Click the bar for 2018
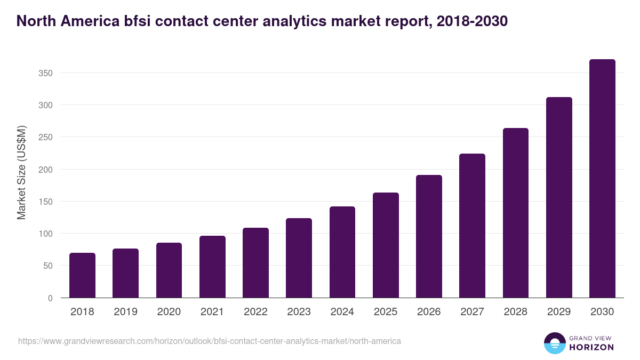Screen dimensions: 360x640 pyautogui.click(x=82, y=275)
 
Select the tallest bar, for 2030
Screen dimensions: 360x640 pyautogui.click(x=602, y=179)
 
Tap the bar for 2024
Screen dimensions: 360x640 pyautogui.click(x=342, y=252)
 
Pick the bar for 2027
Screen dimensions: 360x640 pyautogui.click(x=472, y=226)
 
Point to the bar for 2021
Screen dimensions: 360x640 pyautogui.click(x=212, y=267)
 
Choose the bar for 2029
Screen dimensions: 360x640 pyautogui.click(x=559, y=197)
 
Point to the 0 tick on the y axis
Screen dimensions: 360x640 pyautogui.click(x=50, y=298)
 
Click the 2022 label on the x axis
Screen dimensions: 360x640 pyautogui.click(x=255, y=312)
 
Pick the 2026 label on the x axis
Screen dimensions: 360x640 pyautogui.click(x=429, y=312)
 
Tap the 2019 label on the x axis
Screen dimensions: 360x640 pyautogui.click(x=125, y=312)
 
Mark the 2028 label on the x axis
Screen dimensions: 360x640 pyautogui.click(x=515, y=312)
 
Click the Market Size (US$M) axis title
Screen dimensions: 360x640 pyautogui.click(x=21, y=172)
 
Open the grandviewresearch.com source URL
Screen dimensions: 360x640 pyautogui.click(x=210, y=341)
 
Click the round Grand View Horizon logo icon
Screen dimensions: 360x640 pyautogui.click(x=554, y=343)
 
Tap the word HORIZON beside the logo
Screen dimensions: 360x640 pyautogui.click(x=591, y=347)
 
